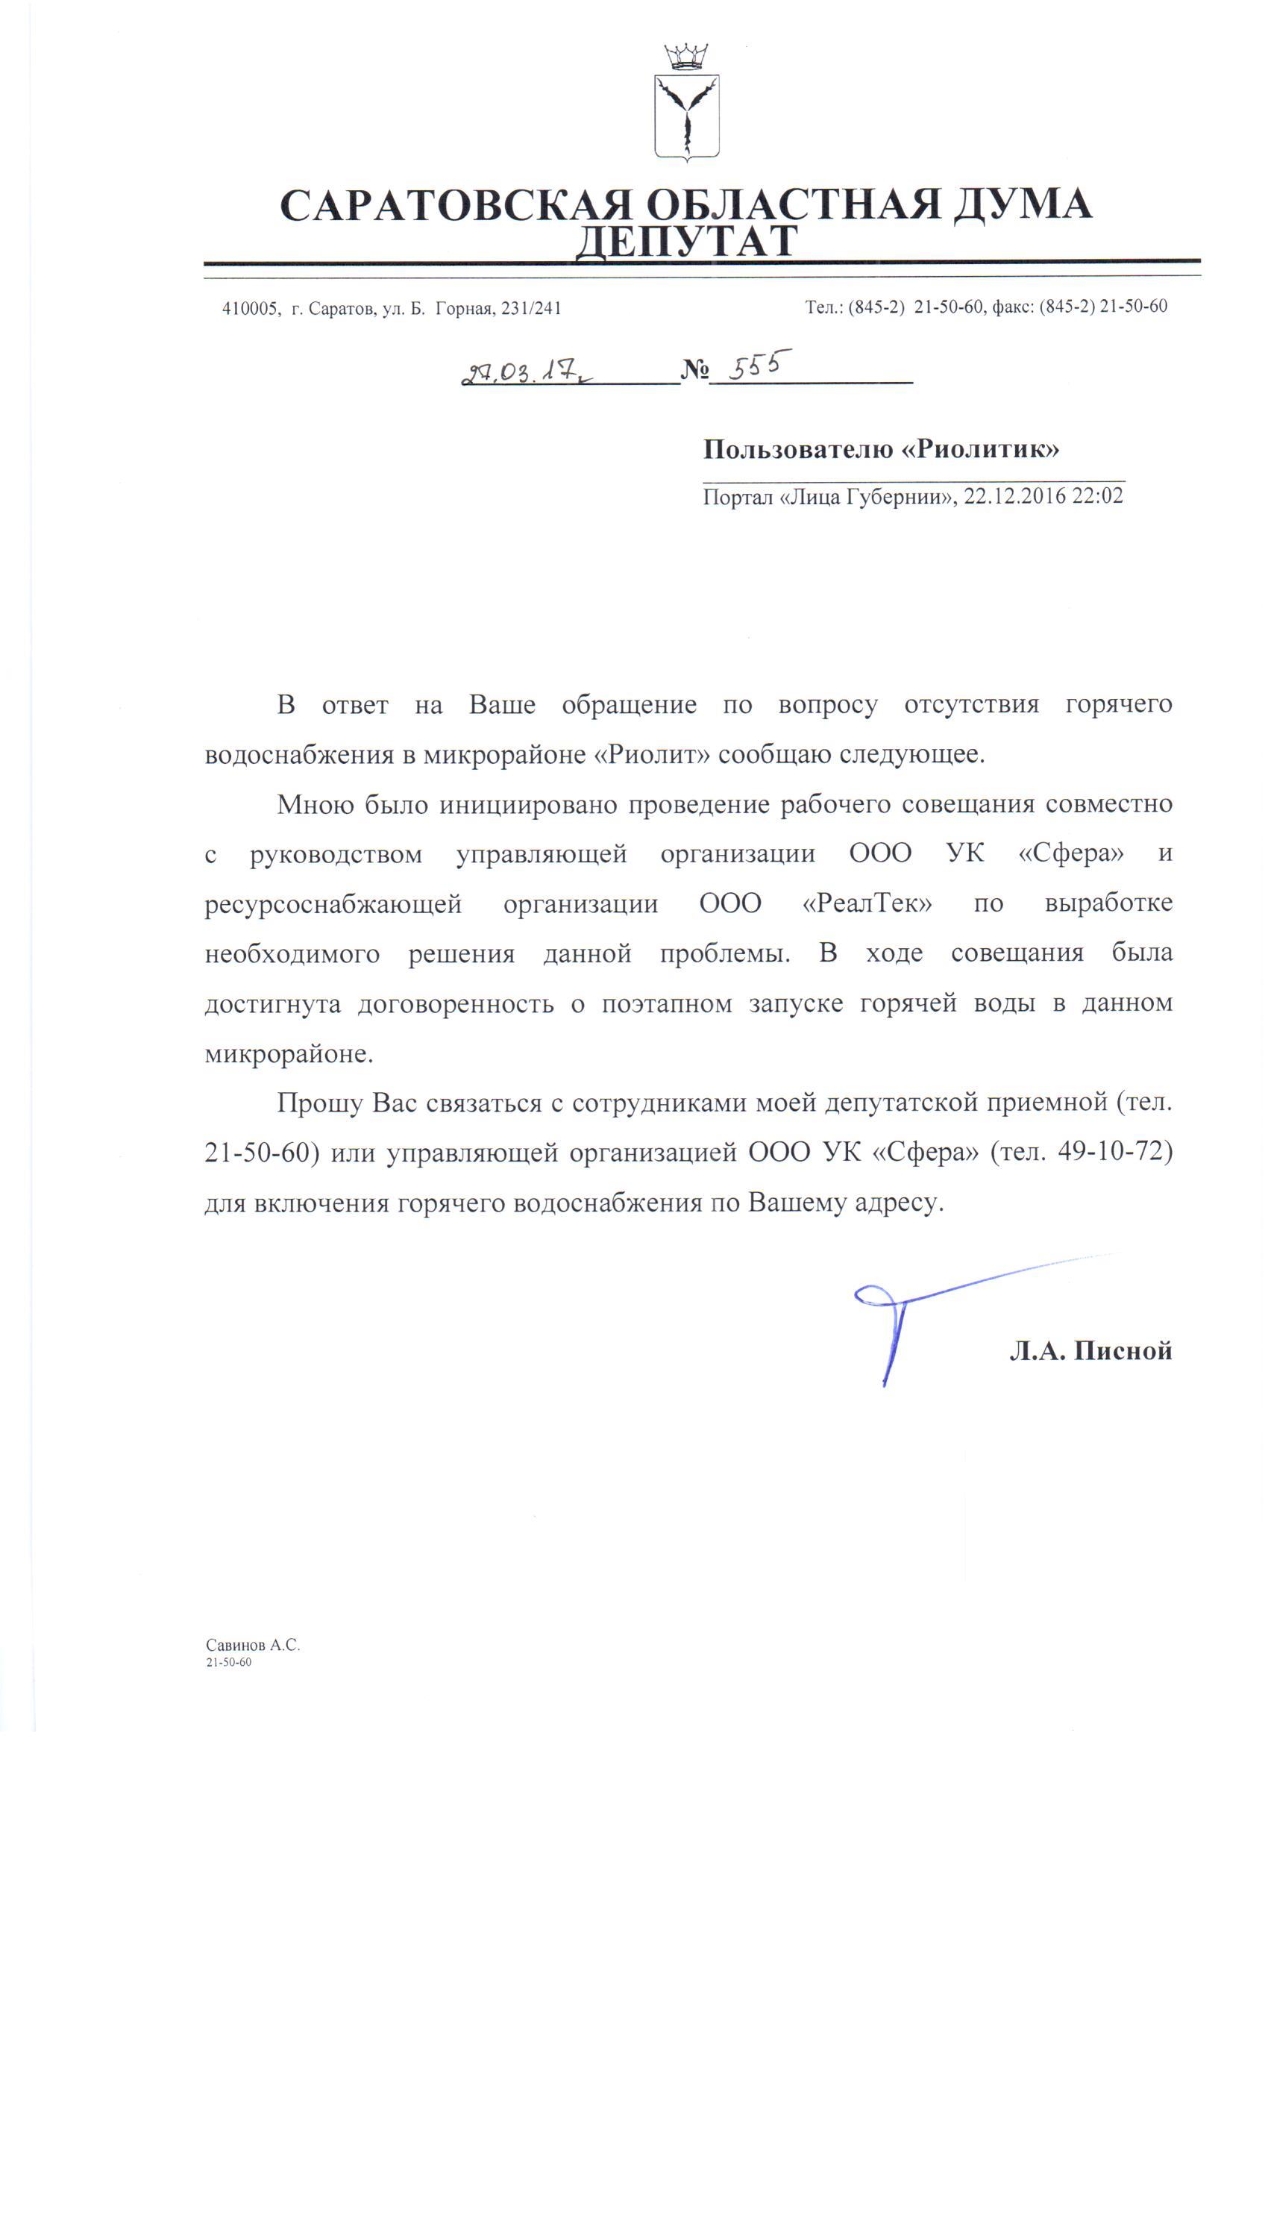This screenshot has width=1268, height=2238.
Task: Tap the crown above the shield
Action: coord(686,57)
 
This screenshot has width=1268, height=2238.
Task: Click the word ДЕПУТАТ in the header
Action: coord(686,241)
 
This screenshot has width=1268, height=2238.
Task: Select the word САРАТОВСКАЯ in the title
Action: coord(456,205)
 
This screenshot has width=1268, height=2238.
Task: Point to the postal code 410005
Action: coord(250,308)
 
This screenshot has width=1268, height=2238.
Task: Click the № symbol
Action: coord(694,371)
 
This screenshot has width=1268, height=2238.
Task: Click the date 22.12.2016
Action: coord(1014,496)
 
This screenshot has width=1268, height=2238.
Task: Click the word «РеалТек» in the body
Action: coord(867,903)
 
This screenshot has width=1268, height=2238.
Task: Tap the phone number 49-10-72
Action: coord(1115,1152)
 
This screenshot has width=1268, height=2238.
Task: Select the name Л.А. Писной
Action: coord(1090,1351)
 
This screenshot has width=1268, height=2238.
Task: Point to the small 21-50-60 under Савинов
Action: coord(228,1662)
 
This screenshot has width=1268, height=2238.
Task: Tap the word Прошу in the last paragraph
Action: coord(320,1103)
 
